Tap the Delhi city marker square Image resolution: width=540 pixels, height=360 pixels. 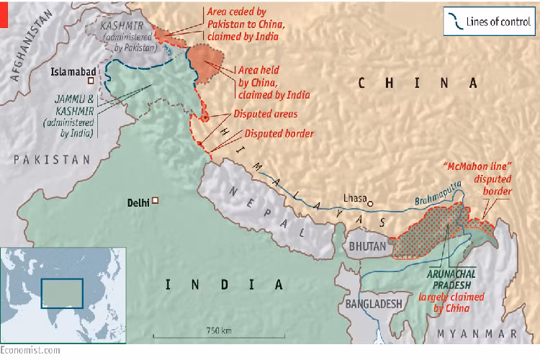154,202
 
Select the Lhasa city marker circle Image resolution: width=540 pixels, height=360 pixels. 370,204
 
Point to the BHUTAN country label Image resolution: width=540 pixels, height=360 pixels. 368,247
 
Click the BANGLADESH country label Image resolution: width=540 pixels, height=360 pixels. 374,304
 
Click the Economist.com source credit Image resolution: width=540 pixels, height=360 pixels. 30,351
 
